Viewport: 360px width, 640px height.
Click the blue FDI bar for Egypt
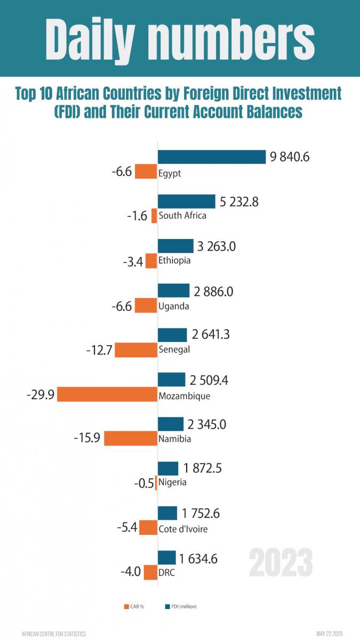(212, 157)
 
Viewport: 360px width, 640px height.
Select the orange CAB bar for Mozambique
(107, 395)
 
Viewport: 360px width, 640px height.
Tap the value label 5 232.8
(239, 202)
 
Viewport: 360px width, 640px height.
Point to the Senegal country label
(174, 350)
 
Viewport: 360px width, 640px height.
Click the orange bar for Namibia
(130, 438)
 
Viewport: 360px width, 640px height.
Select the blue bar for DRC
(167, 558)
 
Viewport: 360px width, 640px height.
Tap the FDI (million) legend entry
(181, 606)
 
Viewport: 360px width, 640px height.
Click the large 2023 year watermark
(281, 562)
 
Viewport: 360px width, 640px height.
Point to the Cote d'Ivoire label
(183, 530)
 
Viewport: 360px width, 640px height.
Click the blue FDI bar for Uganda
(174, 291)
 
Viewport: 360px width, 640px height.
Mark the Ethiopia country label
(174, 261)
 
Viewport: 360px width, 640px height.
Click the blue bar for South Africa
(186, 202)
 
